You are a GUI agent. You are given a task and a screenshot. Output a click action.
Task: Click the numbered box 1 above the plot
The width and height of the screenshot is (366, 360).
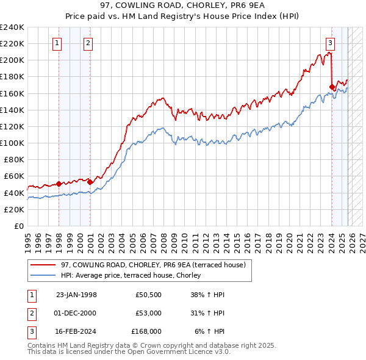pos(57,43)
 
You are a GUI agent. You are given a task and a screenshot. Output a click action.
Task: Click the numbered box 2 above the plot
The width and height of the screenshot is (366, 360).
pos(88,43)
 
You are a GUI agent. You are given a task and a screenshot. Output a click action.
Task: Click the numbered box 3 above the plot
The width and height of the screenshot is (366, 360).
pos(330,43)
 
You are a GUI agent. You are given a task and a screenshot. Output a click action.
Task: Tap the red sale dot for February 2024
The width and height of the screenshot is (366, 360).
pos(332,87)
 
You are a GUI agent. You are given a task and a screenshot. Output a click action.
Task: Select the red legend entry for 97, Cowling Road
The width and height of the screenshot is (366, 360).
pos(153,265)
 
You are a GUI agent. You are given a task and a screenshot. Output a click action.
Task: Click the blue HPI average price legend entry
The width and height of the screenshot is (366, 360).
pos(135,276)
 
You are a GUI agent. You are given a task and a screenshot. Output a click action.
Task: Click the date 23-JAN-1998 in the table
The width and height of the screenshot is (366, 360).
pos(76,295)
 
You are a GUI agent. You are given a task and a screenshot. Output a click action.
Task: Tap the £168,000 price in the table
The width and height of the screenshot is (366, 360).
pos(146,331)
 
